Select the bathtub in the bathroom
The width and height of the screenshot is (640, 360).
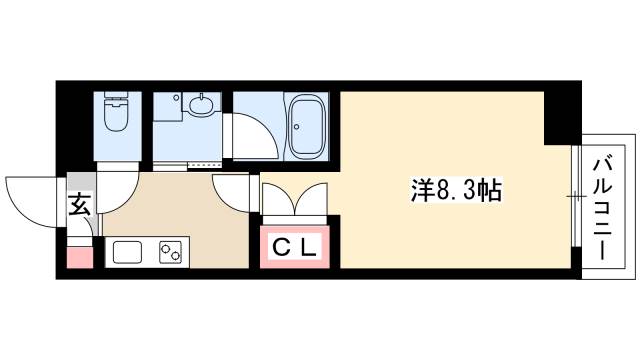(x=311, y=129)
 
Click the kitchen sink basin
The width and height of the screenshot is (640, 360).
(x=128, y=253)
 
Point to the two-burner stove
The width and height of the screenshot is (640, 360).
(x=170, y=253)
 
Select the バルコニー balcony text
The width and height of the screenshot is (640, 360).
(x=603, y=208)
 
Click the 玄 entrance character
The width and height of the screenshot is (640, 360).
(x=79, y=207)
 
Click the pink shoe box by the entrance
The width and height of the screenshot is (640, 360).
(x=79, y=256)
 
